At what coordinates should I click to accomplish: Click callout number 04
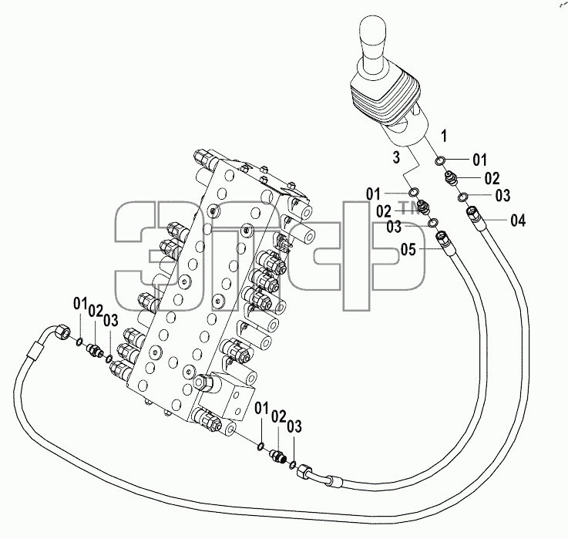click(518, 221)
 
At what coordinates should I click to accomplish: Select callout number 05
click(408, 249)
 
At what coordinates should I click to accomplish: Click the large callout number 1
click(444, 136)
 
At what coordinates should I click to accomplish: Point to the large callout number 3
click(396, 157)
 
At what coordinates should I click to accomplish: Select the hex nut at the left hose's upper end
click(61, 332)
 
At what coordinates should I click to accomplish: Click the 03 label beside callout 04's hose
click(502, 196)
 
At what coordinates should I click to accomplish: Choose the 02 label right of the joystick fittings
click(492, 178)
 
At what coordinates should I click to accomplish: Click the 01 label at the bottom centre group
click(261, 409)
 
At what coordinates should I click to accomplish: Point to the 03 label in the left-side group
click(111, 320)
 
